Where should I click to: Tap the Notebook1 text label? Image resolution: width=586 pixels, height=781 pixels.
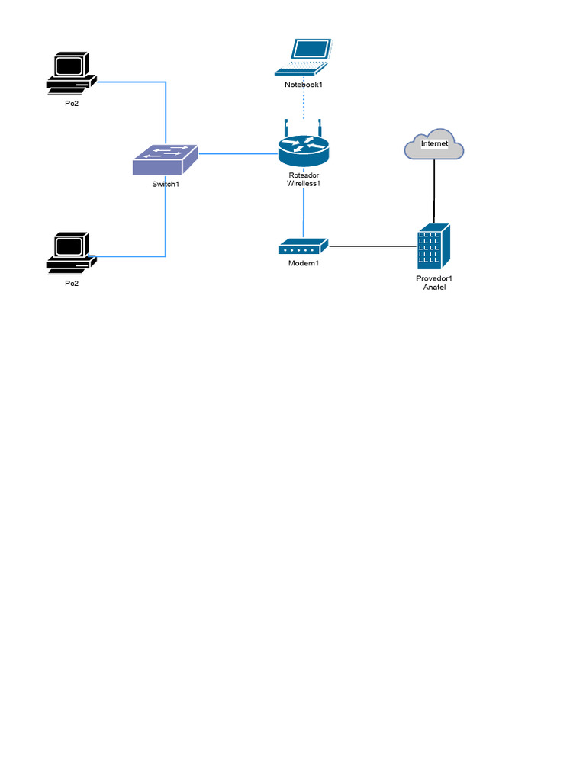(304, 84)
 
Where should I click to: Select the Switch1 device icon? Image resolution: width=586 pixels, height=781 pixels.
(166, 159)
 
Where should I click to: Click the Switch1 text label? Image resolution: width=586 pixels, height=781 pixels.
(166, 183)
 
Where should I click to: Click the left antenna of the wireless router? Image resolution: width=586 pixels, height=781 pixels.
(285, 127)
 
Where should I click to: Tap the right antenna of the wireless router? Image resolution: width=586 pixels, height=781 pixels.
(321, 127)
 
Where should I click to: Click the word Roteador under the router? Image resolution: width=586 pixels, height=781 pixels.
(304, 175)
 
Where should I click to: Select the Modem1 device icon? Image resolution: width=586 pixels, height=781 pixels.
(303, 246)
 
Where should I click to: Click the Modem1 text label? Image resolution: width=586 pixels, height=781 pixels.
(303, 263)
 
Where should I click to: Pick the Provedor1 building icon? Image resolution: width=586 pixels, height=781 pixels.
(433, 246)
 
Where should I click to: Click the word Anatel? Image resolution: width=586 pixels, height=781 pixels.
(433, 288)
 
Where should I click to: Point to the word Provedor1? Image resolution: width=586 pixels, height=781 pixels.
(433, 278)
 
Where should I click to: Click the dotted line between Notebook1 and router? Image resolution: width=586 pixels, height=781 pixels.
(304, 103)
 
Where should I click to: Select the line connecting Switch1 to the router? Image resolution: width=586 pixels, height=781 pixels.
(237, 153)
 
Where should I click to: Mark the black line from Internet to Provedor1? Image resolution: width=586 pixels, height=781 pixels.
(434, 191)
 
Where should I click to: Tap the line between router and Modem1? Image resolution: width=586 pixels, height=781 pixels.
(304, 214)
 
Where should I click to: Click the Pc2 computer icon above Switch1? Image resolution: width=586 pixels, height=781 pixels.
(71, 73)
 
